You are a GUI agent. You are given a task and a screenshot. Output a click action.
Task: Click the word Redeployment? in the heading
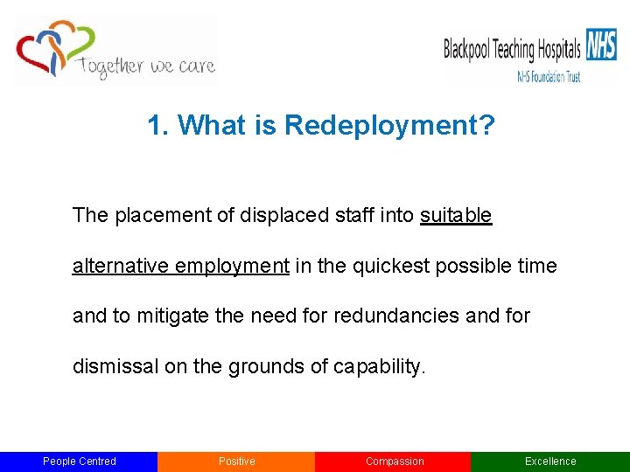[x=389, y=127]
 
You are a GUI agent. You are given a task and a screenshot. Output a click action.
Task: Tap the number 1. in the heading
[x=158, y=127]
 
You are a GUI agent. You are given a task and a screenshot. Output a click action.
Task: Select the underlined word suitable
[x=456, y=215]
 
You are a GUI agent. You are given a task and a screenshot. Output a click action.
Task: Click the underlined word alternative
[x=121, y=266]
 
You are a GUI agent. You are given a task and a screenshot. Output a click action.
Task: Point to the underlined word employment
[x=232, y=266]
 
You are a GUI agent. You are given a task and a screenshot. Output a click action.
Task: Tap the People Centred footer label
[x=80, y=462]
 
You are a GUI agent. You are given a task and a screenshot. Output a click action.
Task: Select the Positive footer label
[x=236, y=462]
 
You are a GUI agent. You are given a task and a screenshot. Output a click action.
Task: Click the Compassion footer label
[x=394, y=462]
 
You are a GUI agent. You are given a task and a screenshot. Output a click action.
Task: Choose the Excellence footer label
[x=550, y=462]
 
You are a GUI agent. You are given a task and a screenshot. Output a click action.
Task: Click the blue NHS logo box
[x=601, y=44]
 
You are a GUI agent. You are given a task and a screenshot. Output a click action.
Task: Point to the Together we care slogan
[x=146, y=66]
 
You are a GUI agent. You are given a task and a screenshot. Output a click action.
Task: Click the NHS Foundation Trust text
[x=549, y=77]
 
